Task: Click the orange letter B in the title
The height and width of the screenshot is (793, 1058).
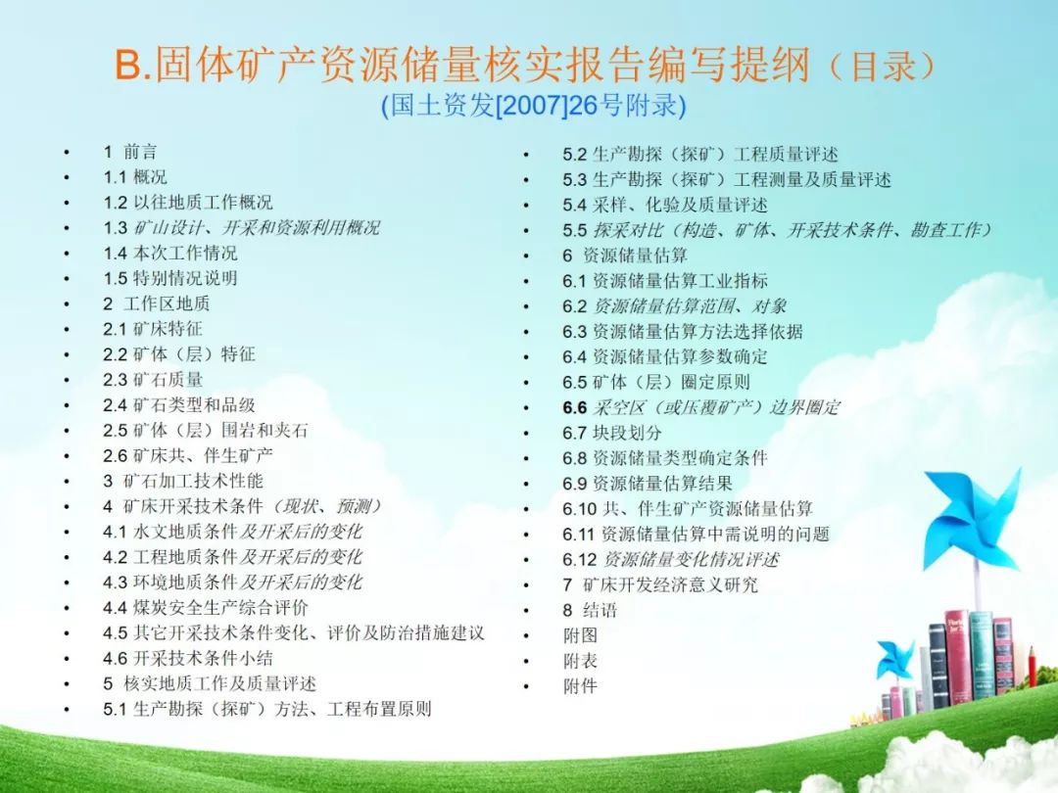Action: click(129, 65)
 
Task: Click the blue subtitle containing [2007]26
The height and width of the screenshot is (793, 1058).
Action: click(534, 106)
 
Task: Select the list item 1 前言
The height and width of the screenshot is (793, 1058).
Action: click(130, 152)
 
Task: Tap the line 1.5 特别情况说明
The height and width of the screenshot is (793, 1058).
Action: click(170, 278)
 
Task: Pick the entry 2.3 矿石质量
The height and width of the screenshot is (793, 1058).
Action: click(153, 380)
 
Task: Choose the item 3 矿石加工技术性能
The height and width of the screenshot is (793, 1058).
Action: click(183, 481)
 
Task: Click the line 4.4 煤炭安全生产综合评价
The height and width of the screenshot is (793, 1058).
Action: click(205, 608)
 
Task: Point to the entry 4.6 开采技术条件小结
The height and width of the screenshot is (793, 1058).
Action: click(188, 658)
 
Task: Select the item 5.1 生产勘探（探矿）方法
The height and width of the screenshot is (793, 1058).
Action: click(267, 709)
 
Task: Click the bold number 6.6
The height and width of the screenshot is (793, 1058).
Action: click(575, 408)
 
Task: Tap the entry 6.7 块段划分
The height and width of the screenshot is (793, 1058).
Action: click(612, 433)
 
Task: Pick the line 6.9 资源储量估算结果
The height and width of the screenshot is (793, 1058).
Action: click(648, 484)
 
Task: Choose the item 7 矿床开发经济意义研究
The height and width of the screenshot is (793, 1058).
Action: click(660, 584)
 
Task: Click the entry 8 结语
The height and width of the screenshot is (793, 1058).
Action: click(590, 610)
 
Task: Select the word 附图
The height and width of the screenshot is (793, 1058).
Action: click(580, 635)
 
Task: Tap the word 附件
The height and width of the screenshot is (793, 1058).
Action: click(580, 685)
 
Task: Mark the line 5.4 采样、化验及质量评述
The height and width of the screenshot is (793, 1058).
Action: click(664, 205)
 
